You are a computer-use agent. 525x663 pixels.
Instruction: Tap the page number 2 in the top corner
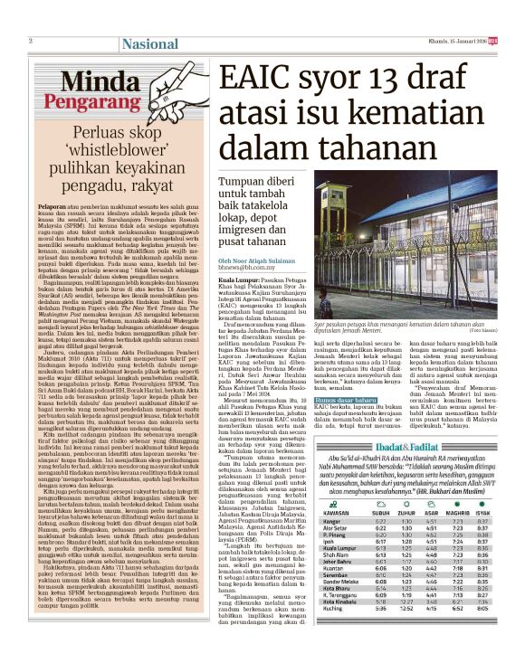point(31,41)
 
